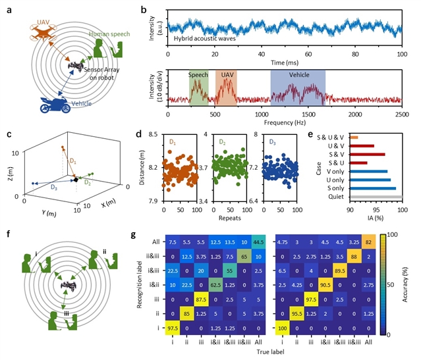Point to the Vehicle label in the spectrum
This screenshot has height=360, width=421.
pos(298,76)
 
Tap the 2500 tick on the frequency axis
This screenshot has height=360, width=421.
pos(403,113)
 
